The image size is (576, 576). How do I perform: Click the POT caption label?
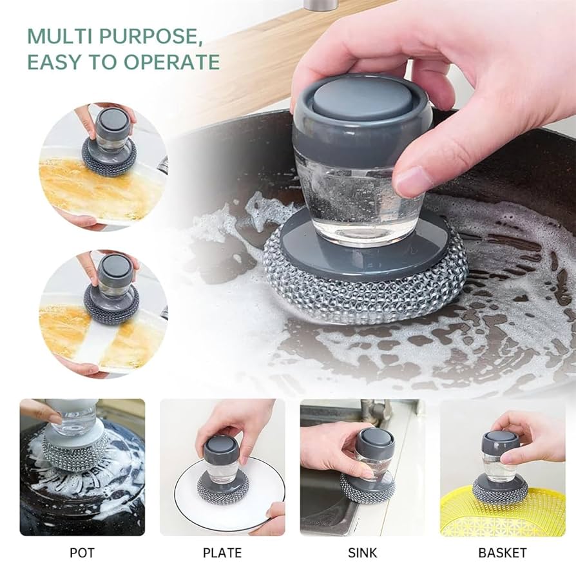(x=82, y=553)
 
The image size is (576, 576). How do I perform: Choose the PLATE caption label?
(x=222, y=553)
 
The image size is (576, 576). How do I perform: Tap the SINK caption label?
(x=363, y=553)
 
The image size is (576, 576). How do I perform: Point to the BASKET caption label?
(x=503, y=553)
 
